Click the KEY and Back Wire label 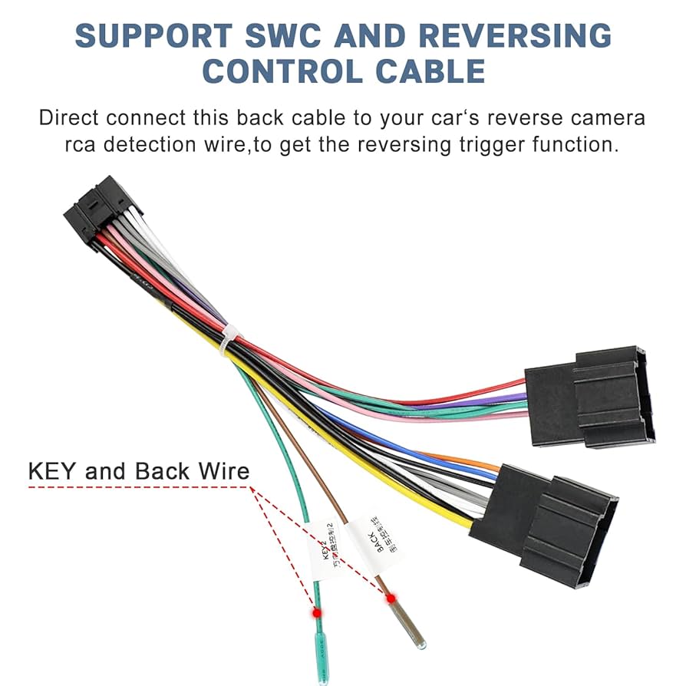coord(139,470)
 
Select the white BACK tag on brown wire coord(374,544)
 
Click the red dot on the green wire coord(315,613)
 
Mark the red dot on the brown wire coord(391,598)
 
